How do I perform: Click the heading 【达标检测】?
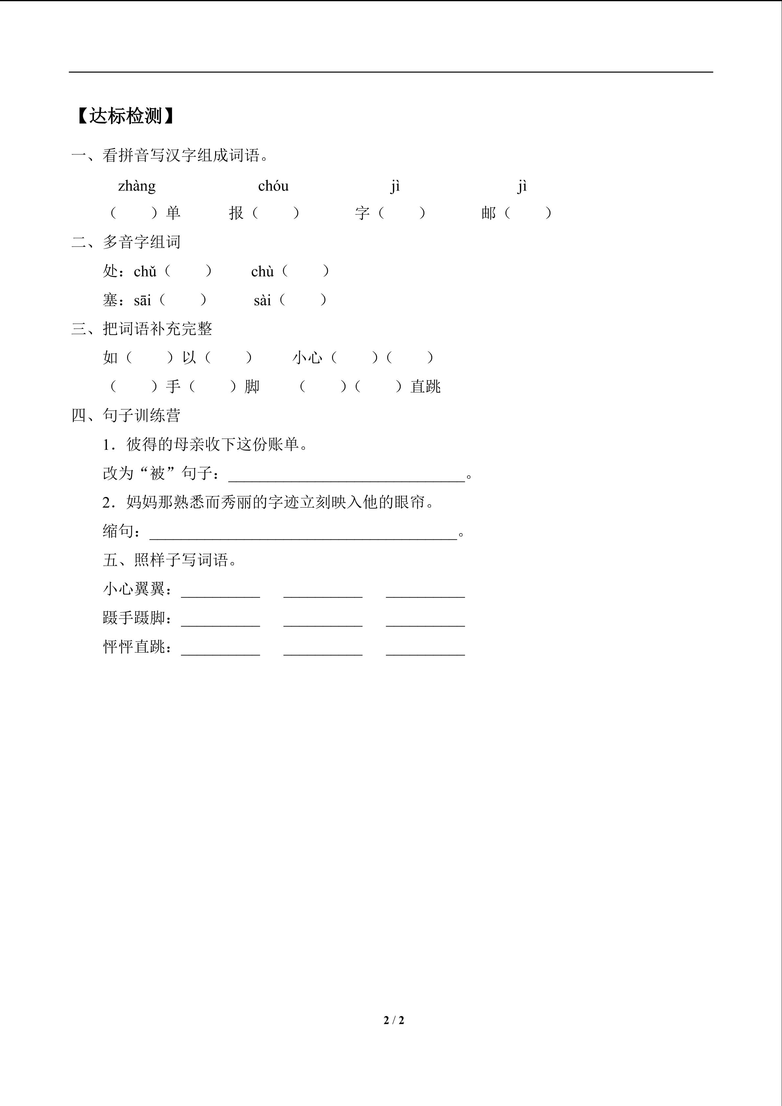(125, 116)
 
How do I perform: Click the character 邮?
(488, 213)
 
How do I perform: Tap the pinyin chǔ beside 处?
(145, 272)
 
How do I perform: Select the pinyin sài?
(262, 301)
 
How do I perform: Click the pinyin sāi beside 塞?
(143, 301)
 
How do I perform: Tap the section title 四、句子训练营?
(126, 415)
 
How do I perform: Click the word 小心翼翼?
(134, 589)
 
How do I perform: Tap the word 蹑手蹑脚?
(134, 618)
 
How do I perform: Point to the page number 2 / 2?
(393, 1020)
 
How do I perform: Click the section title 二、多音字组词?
(126, 242)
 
